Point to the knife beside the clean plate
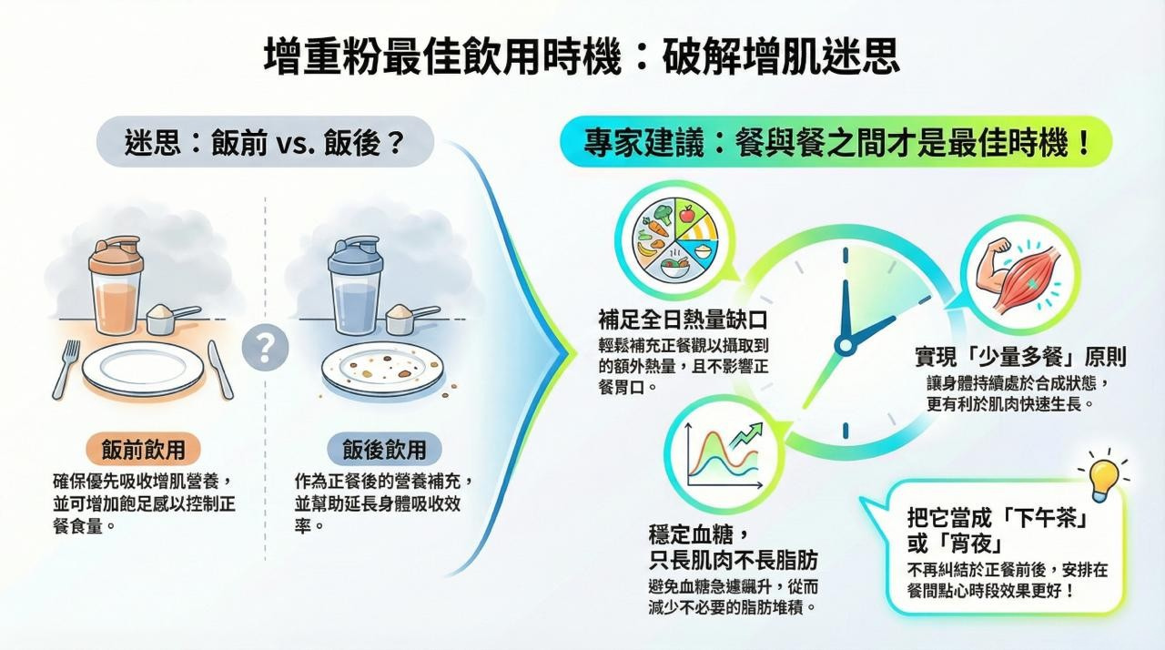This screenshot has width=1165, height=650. [x=219, y=369]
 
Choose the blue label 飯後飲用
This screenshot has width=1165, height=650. [x=383, y=449]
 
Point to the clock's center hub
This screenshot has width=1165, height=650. [x=845, y=345]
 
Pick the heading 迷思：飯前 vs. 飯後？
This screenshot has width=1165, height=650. [x=264, y=145]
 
